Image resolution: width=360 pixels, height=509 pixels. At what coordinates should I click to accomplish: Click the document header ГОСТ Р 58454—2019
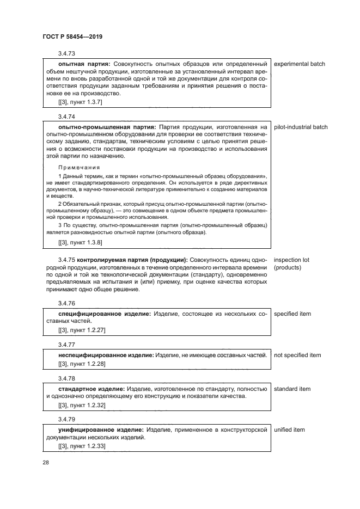72,37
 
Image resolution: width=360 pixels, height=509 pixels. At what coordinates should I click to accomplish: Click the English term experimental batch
299,64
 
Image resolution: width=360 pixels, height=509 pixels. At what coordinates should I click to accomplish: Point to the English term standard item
292,389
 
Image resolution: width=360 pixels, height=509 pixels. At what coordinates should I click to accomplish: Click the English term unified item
289,430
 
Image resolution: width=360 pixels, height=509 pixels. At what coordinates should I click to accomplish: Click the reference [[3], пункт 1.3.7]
80,102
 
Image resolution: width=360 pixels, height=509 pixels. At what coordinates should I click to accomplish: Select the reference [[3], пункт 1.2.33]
82,446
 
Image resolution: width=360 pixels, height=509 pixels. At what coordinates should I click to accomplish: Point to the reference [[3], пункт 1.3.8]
80,242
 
